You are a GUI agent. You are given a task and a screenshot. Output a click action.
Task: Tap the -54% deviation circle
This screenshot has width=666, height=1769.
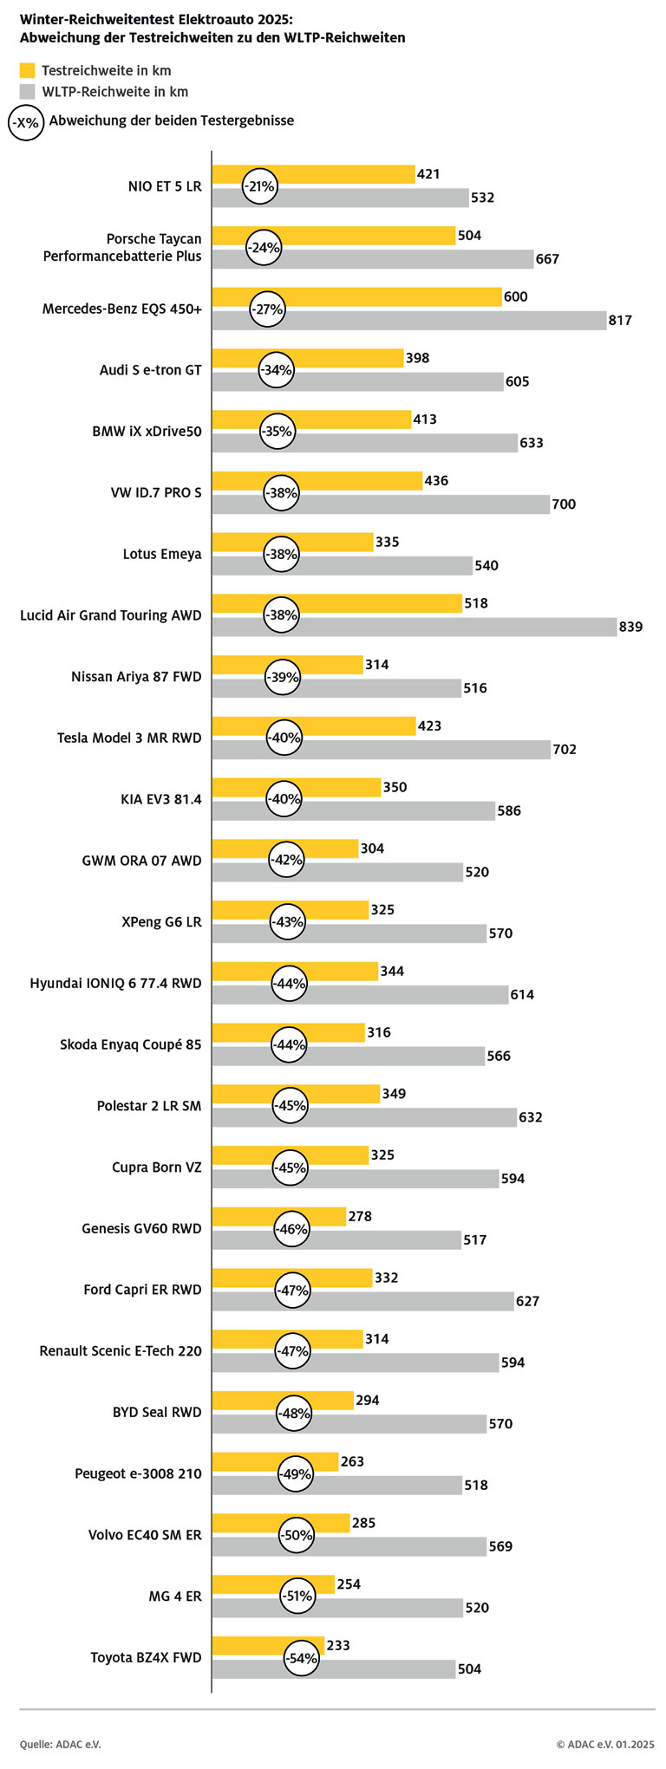coord(301,1658)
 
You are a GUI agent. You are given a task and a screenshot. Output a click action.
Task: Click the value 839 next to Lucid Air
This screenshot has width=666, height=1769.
coord(630,627)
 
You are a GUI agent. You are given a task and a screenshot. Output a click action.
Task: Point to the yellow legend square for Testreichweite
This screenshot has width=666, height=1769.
coord(28,70)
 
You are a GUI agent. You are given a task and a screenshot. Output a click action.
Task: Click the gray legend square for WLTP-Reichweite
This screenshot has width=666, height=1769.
coord(28,91)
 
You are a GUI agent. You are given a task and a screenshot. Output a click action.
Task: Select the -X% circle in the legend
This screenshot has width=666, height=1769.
coord(26,122)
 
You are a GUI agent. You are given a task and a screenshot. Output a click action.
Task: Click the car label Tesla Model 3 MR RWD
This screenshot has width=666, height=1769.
coord(129,738)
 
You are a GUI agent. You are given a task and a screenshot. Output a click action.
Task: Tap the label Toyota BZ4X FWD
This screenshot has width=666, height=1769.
coord(146,1658)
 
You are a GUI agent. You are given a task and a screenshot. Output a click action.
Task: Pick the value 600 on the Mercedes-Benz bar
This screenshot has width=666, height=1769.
coord(515,296)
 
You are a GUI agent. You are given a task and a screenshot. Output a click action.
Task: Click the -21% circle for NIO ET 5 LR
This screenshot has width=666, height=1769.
coord(259,186)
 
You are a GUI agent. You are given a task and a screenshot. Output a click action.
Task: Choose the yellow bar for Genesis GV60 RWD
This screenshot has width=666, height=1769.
coord(312,1217)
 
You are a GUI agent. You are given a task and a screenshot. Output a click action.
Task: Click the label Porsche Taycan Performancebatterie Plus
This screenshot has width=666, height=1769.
coord(122,247)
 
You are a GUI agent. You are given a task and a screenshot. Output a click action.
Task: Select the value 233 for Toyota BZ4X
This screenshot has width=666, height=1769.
coord(338,1645)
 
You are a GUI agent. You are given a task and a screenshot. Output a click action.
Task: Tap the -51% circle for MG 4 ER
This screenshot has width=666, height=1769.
coord(297,1597)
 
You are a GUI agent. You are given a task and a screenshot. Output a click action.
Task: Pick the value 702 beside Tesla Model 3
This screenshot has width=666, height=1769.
coord(565,750)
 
